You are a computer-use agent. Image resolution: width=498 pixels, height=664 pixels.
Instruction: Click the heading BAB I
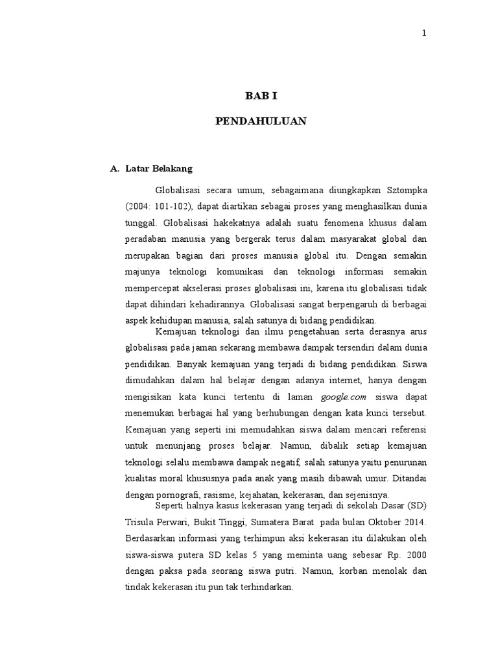(x=261, y=96)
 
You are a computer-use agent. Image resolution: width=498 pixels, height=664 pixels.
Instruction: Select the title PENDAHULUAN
(x=261, y=121)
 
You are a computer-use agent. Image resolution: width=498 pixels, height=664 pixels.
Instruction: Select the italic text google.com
(x=344, y=396)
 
